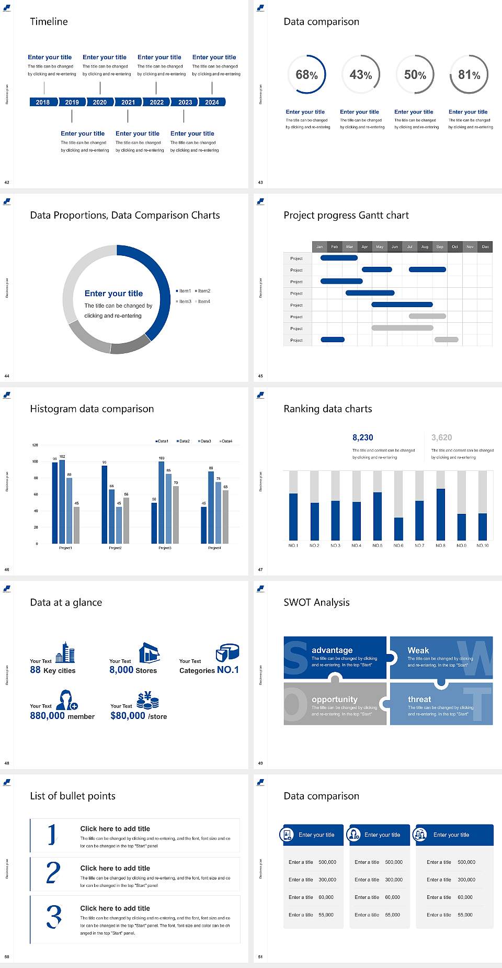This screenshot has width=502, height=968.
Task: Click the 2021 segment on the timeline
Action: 128,102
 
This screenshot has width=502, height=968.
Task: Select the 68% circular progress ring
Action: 306,74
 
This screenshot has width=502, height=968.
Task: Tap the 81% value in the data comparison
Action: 469,75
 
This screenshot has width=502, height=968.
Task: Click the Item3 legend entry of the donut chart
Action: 184,301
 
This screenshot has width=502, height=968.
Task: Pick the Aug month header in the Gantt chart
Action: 425,246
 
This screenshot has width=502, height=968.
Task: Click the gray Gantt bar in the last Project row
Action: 446,340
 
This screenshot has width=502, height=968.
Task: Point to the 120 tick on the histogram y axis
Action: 35,445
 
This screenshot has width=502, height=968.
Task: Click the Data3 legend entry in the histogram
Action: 205,441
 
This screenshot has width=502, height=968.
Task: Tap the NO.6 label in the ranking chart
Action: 398,545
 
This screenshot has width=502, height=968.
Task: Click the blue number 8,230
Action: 362,437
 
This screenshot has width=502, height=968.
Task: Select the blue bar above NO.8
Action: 441,514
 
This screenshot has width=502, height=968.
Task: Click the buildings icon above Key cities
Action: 65,652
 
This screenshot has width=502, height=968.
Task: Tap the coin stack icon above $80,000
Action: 148,700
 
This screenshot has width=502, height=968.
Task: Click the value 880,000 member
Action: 62,716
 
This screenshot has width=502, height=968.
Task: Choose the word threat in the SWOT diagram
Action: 419,699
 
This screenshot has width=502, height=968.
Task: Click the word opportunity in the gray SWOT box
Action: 335,699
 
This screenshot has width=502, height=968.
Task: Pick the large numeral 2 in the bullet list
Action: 53,872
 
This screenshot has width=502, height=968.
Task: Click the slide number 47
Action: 260,569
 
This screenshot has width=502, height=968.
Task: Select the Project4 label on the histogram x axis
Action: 214,548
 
